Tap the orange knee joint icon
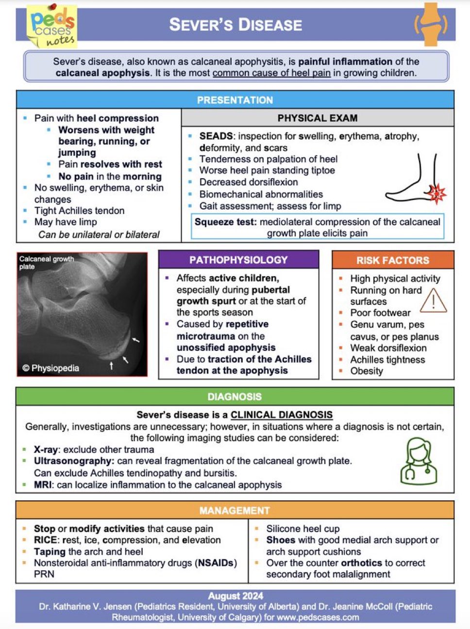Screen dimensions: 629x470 point(431,24)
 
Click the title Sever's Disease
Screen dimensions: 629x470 point(235,25)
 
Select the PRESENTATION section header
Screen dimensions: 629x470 point(235,100)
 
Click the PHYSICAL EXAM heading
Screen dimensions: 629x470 point(318,118)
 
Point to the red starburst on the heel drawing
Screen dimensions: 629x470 point(437,193)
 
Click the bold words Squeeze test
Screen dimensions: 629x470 point(225,222)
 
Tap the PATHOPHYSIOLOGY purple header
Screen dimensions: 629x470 point(238,260)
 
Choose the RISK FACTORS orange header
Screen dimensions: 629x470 point(393,260)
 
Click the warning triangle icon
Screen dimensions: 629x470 point(433,300)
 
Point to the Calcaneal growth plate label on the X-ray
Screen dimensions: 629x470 point(46,263)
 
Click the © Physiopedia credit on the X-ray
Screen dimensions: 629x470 point(51,368)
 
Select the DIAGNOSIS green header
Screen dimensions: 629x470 point(235,397)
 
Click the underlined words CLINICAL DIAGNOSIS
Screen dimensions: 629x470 point(282,415)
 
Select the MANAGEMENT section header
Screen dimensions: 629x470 point(235,511)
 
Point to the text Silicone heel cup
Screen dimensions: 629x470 point(303,529)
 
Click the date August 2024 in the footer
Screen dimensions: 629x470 point(235,596)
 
